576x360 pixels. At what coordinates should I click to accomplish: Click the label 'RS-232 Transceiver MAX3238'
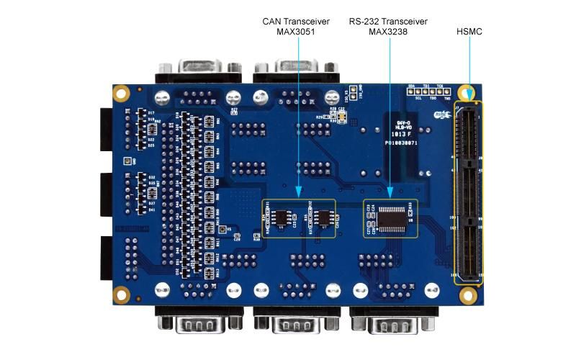(389, 27)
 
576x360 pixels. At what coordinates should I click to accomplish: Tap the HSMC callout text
(469, 32)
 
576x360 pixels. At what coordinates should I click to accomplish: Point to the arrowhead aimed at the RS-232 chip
(390, 194)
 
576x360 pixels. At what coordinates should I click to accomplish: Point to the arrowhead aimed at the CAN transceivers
(298, 194)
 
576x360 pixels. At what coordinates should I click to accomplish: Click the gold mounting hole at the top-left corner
(122, 93)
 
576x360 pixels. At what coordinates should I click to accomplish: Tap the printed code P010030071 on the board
(400, 143)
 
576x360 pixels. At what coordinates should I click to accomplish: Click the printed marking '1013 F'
(401, 134)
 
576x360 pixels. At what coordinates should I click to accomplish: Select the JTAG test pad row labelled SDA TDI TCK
(430, 92)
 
